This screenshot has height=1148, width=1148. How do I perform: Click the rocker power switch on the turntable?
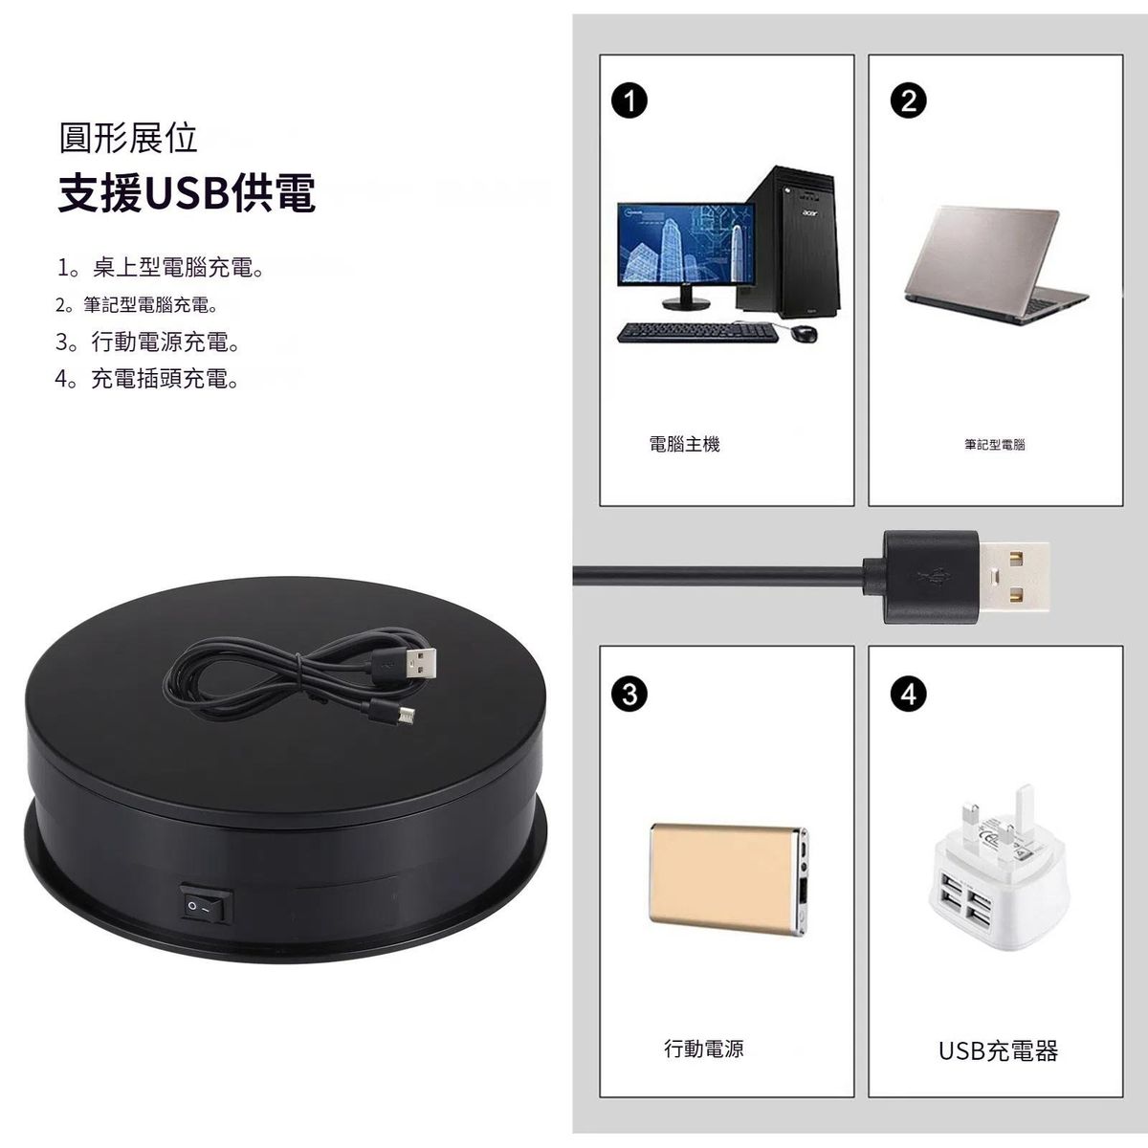click(206, 904)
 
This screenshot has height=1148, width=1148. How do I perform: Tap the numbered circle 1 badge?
click(629, 100)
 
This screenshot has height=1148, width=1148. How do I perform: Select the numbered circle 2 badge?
click(908, 100)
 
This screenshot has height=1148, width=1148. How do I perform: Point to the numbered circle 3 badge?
click(629, 694)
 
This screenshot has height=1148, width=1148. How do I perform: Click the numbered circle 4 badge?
click(908, 694)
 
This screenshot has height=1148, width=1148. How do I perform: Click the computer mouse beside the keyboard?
click(804, 334)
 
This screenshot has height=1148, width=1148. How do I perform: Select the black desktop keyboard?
click(697, 332)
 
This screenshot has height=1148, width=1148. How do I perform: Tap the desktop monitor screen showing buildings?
click(686, 244)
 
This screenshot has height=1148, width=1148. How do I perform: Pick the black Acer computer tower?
click(791, 241)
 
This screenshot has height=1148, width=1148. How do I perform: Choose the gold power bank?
click(729, 880)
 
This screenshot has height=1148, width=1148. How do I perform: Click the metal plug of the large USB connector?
click(1013, 576)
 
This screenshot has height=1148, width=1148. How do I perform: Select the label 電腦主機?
click(685, 444)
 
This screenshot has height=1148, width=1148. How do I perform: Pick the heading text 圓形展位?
click(128, 138)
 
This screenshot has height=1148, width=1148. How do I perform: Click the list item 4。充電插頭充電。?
click(146, 378)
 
